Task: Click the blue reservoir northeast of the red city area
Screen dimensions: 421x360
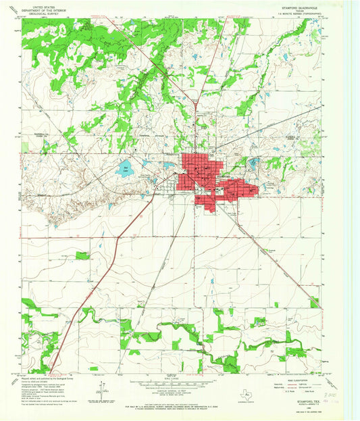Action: (x=255, y=163)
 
